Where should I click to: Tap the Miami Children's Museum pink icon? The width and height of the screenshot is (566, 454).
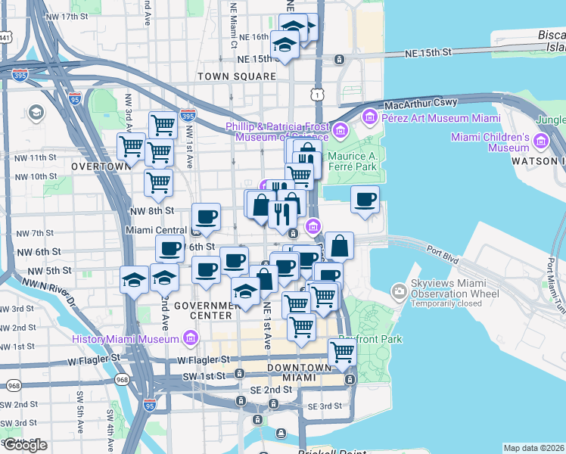[x=541, y=141]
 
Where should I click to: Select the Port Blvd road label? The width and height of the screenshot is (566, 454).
[x=443, y=251]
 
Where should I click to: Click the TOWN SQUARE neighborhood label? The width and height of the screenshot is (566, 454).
[x=237, y=76]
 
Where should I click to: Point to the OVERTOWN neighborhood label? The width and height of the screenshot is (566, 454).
[x=100, y=166]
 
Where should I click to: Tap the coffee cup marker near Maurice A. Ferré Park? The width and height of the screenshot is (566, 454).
[x=365, y=200]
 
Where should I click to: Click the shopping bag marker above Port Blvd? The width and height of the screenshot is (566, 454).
[x=340, y=246]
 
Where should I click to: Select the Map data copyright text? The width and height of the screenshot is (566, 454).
[x=533, y=448]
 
